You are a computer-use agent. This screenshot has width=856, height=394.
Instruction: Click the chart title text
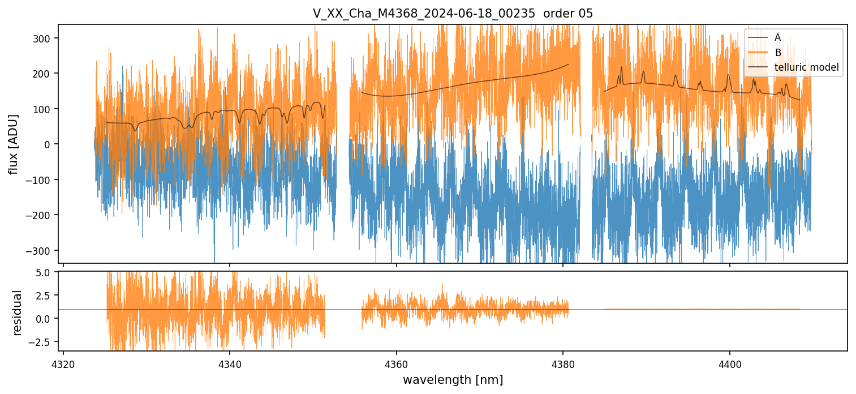pyautogui.click(x=453, y=14)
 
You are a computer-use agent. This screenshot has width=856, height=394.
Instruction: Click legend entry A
pyautogui.click(x=777, y=37)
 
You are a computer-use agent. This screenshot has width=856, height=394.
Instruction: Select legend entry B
pyautogui.click(x=777, y=53)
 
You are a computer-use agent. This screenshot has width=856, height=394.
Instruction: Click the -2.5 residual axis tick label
pyautogui.click(x=44, y=341)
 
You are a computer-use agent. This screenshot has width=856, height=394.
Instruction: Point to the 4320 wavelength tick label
pyautogui.click(x=63, y=363)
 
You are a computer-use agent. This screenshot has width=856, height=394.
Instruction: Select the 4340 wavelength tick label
pyautogui.click(x=230, y=363)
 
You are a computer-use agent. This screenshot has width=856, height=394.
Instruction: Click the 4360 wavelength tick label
pyautogui.click(x=396, y=363)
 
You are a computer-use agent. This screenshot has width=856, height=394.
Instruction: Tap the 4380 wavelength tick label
pyautogui.click(x=563, y=363)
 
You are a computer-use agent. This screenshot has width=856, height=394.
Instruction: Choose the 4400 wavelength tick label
pyautogui.click(x=729, y=363)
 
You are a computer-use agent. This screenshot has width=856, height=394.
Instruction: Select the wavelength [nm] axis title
pyautogui.click(x=453, y=379)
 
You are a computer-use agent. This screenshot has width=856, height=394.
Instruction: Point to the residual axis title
pyautogui.click(x=18, y=312)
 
